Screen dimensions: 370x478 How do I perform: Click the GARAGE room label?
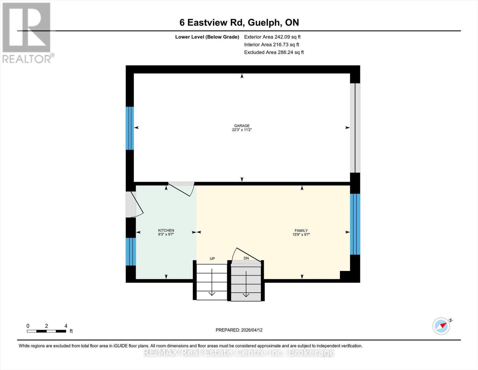[x=242, y=126]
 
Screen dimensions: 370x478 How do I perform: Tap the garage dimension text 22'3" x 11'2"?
[x=242, y=130]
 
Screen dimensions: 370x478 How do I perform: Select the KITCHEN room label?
[x=166, y=230]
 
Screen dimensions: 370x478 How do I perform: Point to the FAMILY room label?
[x=301, y=230]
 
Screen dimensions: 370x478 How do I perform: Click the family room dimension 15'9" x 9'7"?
[x=301, y=234]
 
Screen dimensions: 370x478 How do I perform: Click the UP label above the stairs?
[x=212, y=259]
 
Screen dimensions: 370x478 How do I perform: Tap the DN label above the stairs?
[x=246, y=258]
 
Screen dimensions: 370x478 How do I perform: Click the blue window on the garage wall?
[x=130, y=128]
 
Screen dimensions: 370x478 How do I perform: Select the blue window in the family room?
[x=355, y=224]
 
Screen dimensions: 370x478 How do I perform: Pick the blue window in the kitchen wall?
[x=131, y=252]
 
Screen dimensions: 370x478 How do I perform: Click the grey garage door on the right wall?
[x=355, y=128]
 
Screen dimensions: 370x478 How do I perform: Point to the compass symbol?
[x=441, y=326]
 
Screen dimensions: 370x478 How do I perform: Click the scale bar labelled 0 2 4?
[x=46, y=331]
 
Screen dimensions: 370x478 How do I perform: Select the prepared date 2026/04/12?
[x=239, y=330]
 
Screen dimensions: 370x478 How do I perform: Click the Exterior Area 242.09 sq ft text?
[x=272, y=37]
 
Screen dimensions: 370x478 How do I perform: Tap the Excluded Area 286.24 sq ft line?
[x=274, y=52]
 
